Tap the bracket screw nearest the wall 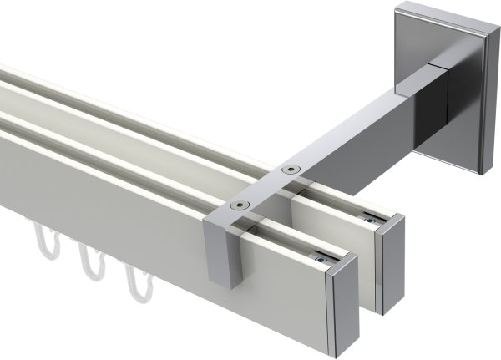pos(290,170)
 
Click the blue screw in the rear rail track pos(368,220)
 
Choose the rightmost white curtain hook pos(134,284)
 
